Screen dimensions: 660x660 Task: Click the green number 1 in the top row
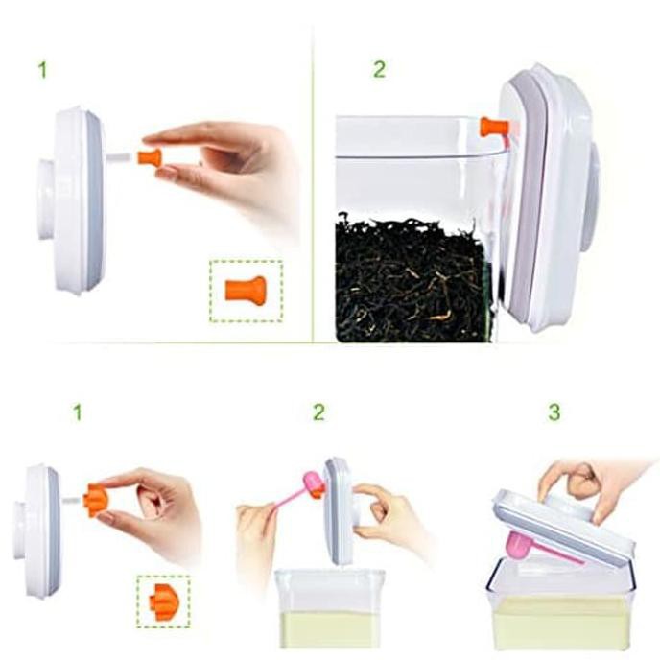pos(42,70)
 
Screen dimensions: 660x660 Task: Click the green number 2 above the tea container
pos(379,69)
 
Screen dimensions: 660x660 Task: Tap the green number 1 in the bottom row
pos(77,412)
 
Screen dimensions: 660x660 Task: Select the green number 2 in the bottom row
pos(319,412)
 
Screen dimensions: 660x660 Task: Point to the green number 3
pos(554,412)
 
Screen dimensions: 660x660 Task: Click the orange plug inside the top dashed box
pos(246,289)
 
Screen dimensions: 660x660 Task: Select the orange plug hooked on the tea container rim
pos(495,128)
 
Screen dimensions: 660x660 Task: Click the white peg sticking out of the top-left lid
pos(122,157)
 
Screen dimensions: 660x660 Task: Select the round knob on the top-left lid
pos(45,200)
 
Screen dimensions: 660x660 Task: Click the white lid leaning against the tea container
pos(546,198)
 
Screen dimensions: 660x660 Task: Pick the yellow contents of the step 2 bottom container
pos(328,630)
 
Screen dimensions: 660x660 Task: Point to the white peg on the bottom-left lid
pos(72,501)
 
